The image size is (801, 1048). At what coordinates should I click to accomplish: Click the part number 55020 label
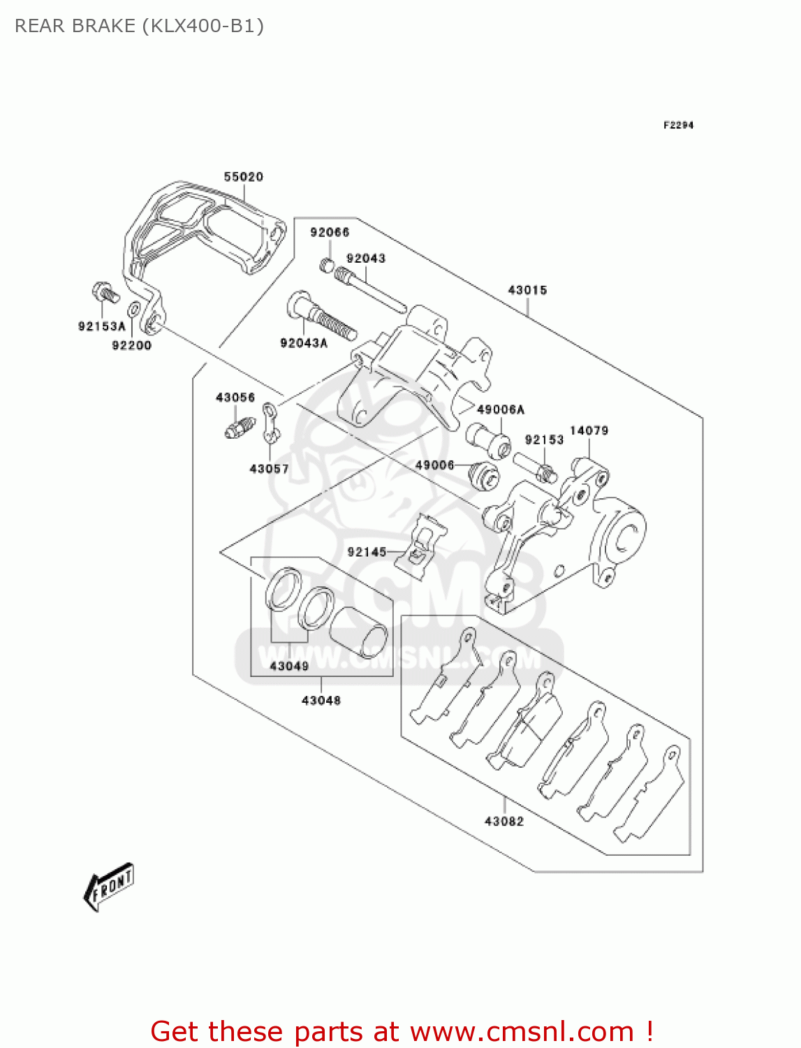[x=243, y=177]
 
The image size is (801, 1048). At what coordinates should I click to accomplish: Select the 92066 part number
[x=330, y=232]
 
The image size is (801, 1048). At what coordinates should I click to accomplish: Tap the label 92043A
[x=304, y=342]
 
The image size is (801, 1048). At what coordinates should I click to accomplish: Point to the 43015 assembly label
[x=527, y=290]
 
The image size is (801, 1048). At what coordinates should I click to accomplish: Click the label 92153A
[x=101, y=326]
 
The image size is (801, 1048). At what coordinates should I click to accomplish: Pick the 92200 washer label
[x=131, y=345]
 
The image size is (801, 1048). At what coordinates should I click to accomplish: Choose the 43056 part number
[x=235, y=398]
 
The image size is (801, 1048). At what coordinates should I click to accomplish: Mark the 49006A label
[x=500, y=409]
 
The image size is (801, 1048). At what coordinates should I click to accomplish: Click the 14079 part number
[x=589, y=430]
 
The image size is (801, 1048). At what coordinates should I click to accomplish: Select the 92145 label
[x=367, y=552]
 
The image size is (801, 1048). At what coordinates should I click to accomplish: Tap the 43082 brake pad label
[x=504, y=821]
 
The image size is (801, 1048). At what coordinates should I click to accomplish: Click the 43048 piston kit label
[x=321, y=700]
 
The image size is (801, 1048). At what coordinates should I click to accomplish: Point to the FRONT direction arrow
[x=108, y=886]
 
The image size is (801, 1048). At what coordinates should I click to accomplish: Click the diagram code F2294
[x=678, y=125]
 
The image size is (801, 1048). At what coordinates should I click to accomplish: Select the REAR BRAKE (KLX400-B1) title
[x=139, y=26]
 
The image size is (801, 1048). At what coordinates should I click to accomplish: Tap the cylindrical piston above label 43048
[x=359, y=632]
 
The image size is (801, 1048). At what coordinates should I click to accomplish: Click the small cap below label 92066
[x=327, y=265]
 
